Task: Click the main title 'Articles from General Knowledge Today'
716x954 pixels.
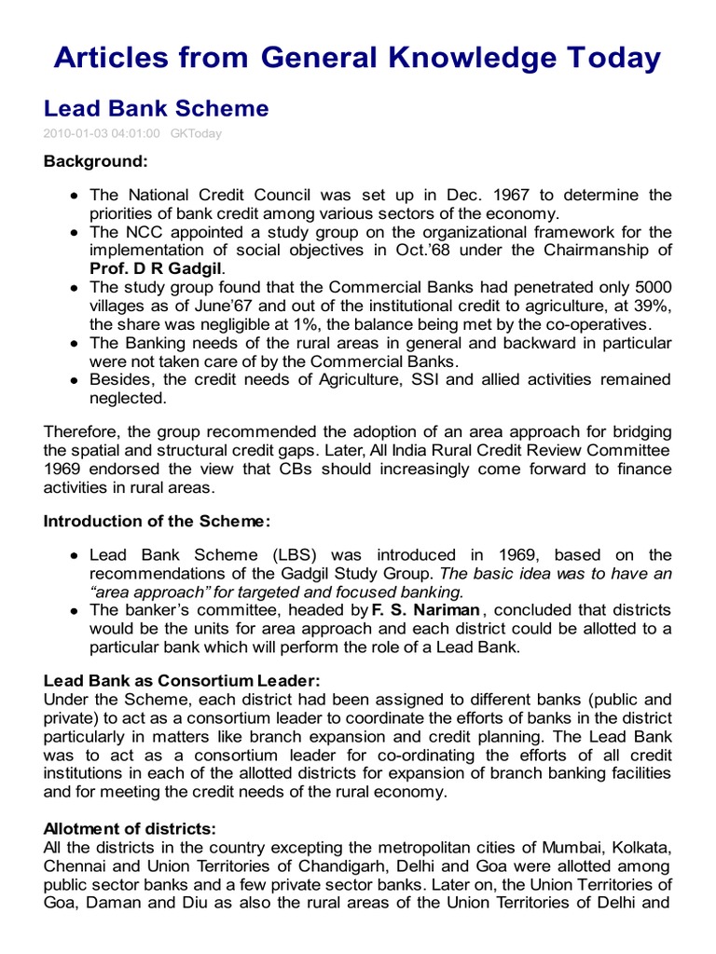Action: (x=357, y=58)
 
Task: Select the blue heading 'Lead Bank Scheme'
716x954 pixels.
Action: (x=156, y=108)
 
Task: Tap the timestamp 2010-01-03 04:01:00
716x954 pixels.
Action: (x=102, y=133)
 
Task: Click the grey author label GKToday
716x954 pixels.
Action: (x=196, y=133)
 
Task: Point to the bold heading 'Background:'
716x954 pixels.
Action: (x=95, y=161)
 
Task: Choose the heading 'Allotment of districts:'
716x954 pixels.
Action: (x=130, y=827)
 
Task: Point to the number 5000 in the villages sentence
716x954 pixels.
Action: (x=652, y=287)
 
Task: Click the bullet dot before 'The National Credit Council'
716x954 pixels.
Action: (x=74, y=196)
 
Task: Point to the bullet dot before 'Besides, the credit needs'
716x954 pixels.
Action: (x=74, y=380)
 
